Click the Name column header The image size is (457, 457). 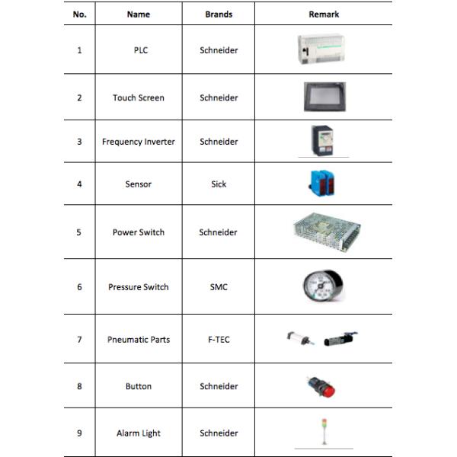(x=138, y=14)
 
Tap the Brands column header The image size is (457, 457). (x=219, y=14)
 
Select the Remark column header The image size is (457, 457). (x=324, y=14)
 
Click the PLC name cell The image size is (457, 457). (x=138, y=50)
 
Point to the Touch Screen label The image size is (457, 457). (x=138, y=97)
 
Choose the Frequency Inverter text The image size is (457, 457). (x=138, y=142)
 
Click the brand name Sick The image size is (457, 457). (x=219, y=184)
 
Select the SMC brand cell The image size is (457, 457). (x=219, y=287)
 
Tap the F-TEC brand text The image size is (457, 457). (x=219, y=339)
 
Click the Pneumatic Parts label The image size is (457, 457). (x=138, y=339)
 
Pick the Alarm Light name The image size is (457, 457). (x=138, y=433)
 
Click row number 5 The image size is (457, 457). (x=79, y=232)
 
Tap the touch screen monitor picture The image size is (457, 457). (x=324, y=97)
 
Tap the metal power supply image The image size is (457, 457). (x=325, y=230)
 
